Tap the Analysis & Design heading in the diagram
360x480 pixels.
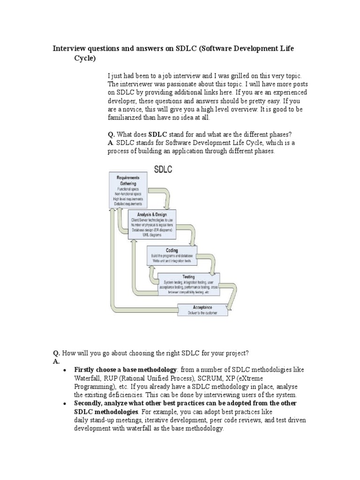(x=149, y=215)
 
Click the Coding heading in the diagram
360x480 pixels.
(x=172, y=251)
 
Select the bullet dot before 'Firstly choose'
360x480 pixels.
(x=64, y=370)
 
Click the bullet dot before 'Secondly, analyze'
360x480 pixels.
(x=64, y=404)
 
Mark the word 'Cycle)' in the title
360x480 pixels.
(x=84, y=59)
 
